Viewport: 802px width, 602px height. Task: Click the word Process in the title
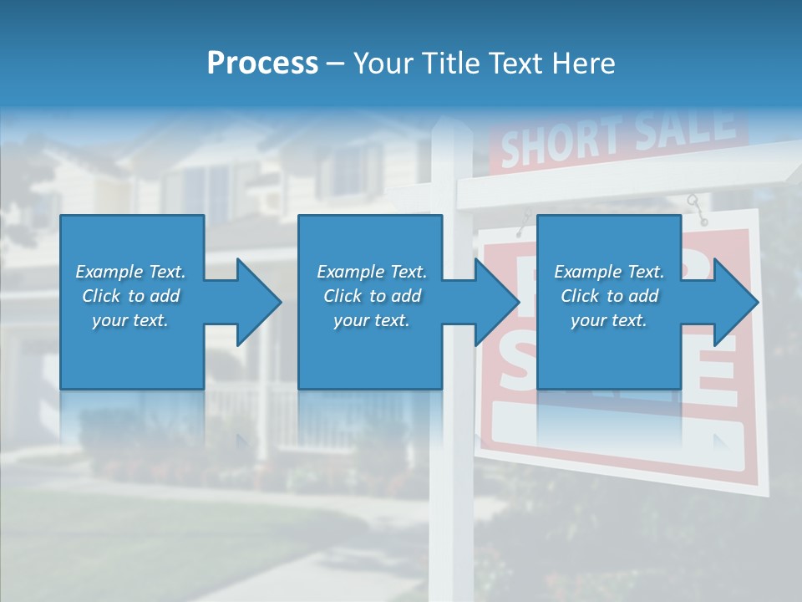262,64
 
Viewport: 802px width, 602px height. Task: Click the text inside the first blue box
130,296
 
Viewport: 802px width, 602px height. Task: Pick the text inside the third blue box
609,296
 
